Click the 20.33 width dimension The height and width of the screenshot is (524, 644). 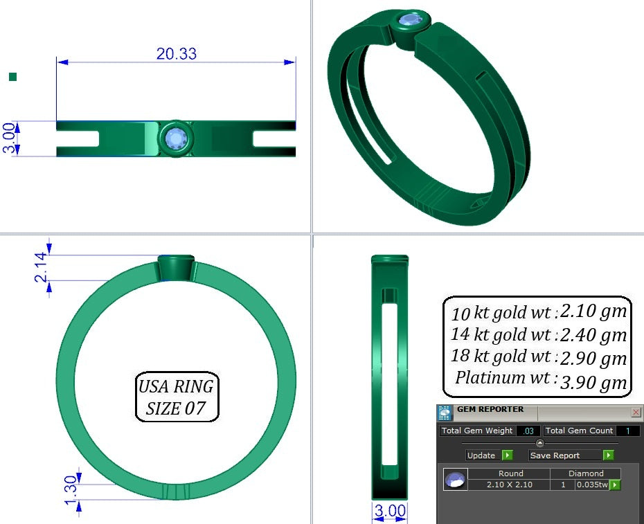point(176,54)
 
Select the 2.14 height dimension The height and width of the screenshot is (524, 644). point(41,267)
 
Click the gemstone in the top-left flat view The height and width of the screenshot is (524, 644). point(176,138)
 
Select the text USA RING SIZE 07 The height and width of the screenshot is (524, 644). point(176,397)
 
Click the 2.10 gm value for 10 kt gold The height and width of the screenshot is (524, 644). point(593,311)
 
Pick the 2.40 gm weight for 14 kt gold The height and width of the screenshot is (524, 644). point(593,335)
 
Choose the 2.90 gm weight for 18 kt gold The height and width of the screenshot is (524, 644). point(593,358)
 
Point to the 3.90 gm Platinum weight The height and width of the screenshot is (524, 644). point(593,382)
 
